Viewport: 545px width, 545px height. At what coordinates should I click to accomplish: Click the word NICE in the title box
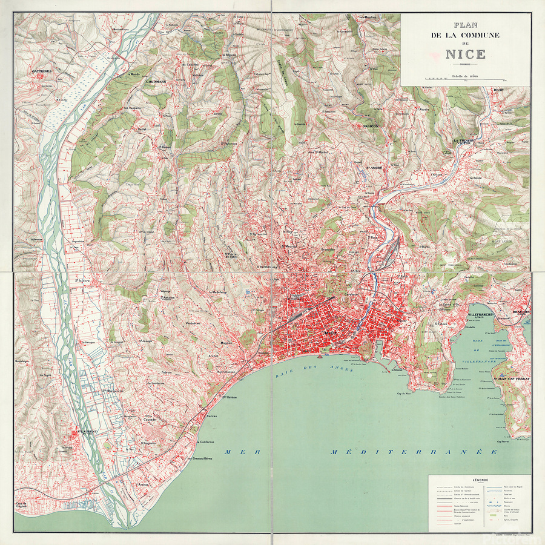point(465,54)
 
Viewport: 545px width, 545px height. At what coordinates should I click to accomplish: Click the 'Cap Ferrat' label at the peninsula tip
point(505,441)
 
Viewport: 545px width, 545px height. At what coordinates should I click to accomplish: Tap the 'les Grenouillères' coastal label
point(200,458)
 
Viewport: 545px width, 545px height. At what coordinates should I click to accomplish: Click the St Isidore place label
point(82,280)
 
